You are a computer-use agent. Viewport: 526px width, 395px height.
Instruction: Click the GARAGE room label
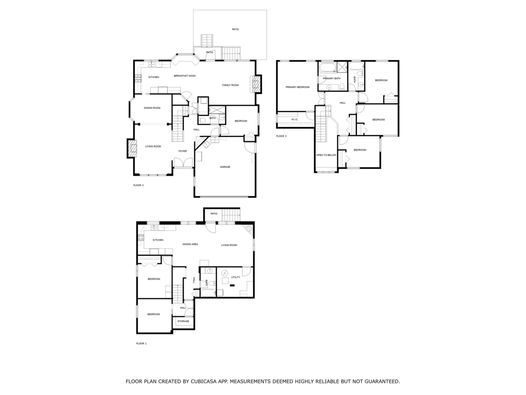pyautogui.click(x=225, y=167)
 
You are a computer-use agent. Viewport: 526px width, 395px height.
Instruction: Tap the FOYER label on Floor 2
pyautogui.click(x=182, y=151)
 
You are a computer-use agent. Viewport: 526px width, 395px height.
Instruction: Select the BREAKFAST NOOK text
pyautogui.click(x=185, y=76)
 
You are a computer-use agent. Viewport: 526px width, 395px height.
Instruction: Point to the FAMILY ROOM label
pyautogui.click(x=230, y=85)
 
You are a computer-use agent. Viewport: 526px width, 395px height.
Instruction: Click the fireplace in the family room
pyautogui.click(x=255, y=84)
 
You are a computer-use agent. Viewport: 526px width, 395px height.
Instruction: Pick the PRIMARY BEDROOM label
pyautogui.click(x=297, y=87)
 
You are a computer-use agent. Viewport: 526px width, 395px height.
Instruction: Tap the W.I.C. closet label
pyautogui.click(x=295, y=119)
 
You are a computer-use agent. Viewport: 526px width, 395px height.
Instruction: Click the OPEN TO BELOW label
pyautogui.click(x=326, y=155)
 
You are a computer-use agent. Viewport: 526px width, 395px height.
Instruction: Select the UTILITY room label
pyautogui.click(x=235, y=277)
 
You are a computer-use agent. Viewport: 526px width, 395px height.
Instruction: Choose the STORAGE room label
pyautogui.click(x=183, y=321)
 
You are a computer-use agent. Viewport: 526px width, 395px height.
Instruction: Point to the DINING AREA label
pyautogui.click(x=190, y=244)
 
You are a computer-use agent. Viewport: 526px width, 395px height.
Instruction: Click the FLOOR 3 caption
pyautogui.click(x=281, y=136)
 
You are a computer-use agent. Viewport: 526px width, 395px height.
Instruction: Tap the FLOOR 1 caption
pyautogui.click(x=141, y=343)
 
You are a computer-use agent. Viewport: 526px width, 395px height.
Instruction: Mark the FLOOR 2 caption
pyautogui.click(x=139, y=185)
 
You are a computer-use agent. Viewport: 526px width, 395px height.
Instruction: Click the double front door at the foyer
pyautogui.click(x=183, y=163)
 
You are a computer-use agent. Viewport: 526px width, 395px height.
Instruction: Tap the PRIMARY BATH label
pyautogui.click(x=331, y=79)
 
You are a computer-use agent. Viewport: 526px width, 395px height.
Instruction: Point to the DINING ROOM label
pyautogui.click(x=152, y=108)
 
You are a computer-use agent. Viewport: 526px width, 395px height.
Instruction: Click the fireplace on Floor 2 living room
pyautogui.click(x=131, y=148)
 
